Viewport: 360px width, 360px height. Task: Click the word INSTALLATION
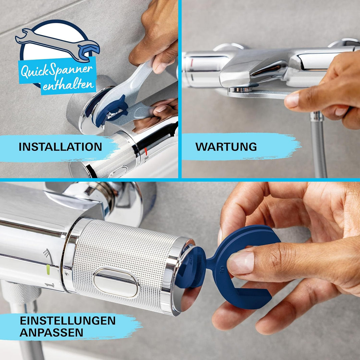click(60, 147)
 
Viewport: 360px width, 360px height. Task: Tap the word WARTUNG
click(226, 147)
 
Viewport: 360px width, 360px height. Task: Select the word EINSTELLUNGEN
click(67, 321)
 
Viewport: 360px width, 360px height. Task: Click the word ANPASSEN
click(51, 332)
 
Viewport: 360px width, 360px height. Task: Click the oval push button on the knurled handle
click(116, 283)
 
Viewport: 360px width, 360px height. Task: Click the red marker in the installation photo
click(146, 152)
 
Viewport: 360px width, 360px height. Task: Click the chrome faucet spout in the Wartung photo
click(253, 68)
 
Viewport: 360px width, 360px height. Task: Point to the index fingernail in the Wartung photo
click(292, 100)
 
